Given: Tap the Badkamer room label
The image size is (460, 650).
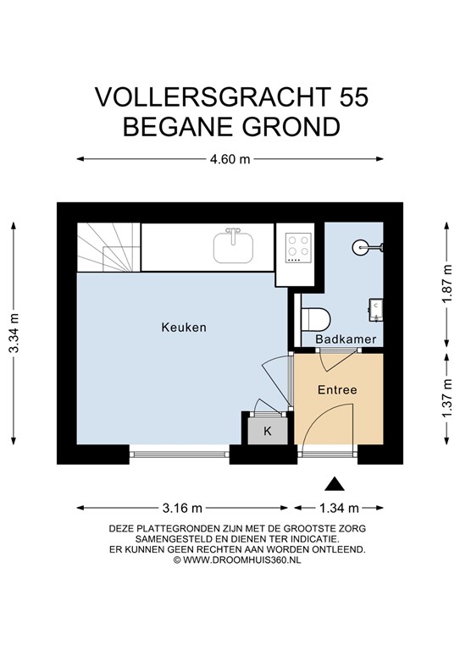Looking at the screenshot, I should (x=340, y=339).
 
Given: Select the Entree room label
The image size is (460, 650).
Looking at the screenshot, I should (x=337, y=390).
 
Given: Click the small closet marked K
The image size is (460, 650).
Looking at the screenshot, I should (x=268, y=431).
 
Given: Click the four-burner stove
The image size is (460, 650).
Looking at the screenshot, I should (x=297, y=246).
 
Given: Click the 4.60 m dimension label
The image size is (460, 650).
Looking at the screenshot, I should (x=230, y=158).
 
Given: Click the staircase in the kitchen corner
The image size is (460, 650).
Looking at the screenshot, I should (x=107, y=246).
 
